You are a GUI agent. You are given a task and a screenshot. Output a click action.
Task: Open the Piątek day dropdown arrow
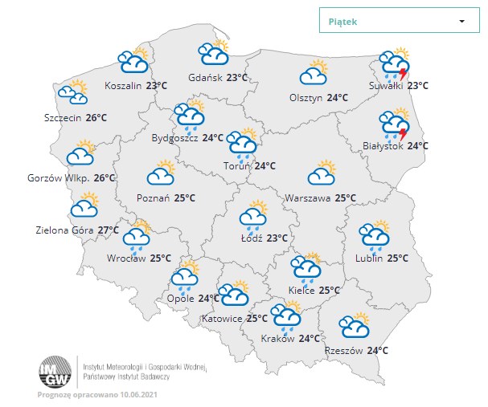click(462, 22)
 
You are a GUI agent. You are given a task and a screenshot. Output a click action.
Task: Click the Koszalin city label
click(123, 85)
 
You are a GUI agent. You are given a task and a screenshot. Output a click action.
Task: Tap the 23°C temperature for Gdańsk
click(236, 78)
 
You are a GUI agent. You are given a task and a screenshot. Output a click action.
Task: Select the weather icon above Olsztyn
click(314, 73)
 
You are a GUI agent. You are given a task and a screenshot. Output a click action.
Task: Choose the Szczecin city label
click(64, 117)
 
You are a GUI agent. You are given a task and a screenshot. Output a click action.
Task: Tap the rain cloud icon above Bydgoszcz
click(191, 116)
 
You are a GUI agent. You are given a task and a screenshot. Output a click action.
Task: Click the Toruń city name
click(237, 166)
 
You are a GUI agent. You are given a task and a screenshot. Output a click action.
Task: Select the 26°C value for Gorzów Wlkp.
click(105, 177)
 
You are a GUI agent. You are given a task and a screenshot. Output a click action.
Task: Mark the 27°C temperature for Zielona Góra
click(109, 230)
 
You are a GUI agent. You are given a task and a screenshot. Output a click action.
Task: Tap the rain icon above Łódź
click(253, 215)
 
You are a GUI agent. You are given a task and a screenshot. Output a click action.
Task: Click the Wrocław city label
click(126, 258)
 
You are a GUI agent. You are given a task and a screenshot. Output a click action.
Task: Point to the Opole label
click(180, 299)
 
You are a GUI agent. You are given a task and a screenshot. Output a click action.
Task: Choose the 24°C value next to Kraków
click(309, 338)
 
